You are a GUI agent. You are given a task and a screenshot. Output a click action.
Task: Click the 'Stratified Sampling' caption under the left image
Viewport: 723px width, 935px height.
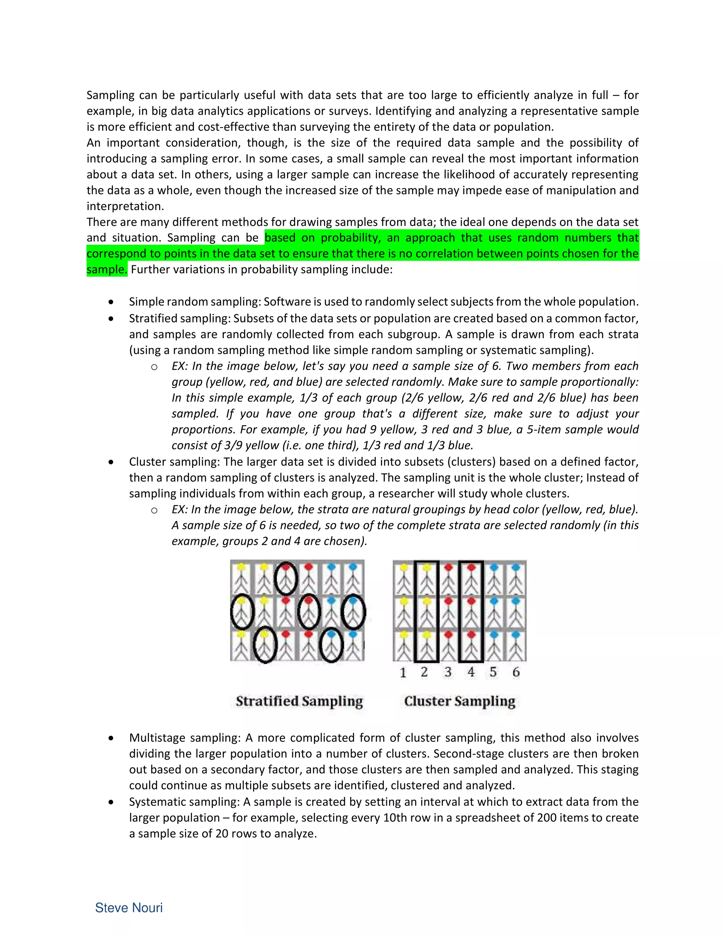[x=299, y=701]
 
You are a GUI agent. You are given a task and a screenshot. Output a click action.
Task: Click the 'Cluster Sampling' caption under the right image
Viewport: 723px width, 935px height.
[x=459, y=701]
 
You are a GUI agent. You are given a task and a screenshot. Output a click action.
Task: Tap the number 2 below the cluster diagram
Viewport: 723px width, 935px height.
[x=424, y=672]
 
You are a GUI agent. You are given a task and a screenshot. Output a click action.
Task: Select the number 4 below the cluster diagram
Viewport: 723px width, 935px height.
[x=471, y=672]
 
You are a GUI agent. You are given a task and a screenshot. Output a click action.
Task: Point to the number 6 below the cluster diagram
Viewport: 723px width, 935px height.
[x=516, y=672]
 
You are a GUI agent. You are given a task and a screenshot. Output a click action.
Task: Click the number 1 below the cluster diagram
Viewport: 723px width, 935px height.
[x=402, y=672]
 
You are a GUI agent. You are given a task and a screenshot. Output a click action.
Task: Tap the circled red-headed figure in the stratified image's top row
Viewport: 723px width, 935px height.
[x=286, y=578]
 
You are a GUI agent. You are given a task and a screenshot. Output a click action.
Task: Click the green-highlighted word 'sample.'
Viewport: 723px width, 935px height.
[x=107, y=269]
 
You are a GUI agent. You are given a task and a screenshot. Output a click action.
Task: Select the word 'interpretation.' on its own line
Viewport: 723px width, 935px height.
[x=125, y=206]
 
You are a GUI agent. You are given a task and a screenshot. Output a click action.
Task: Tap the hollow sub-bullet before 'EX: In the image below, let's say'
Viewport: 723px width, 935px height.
[x=154, y=367]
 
